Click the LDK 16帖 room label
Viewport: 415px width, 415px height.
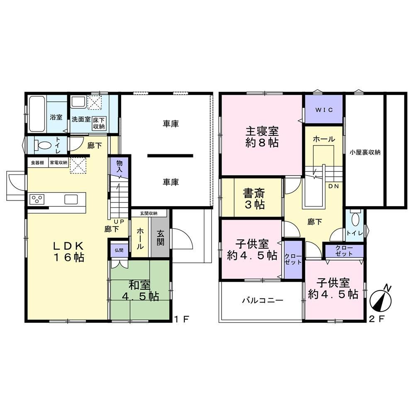click(69, 252)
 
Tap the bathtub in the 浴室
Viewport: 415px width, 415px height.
click(37, 114)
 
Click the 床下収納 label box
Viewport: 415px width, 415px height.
click(99, 123)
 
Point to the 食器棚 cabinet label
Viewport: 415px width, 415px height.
click(37, 163)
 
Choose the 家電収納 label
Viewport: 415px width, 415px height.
click(59, 163)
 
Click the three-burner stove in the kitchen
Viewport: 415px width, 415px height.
click(37, 199)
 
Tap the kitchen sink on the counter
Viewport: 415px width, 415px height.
click(71, 199)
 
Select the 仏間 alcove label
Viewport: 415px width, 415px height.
click(119, 250)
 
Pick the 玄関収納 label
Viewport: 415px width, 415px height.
click(149, 213)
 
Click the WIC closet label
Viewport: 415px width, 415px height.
click(324, 110)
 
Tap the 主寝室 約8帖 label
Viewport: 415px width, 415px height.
click(262, 137)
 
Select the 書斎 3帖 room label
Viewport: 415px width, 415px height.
click(254, 199)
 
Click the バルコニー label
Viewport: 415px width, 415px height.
click(263, 300)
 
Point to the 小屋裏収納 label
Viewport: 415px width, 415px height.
click(365, 152)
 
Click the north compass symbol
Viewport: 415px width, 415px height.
click(381, 298)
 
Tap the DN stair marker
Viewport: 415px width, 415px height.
click(334, 186)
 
